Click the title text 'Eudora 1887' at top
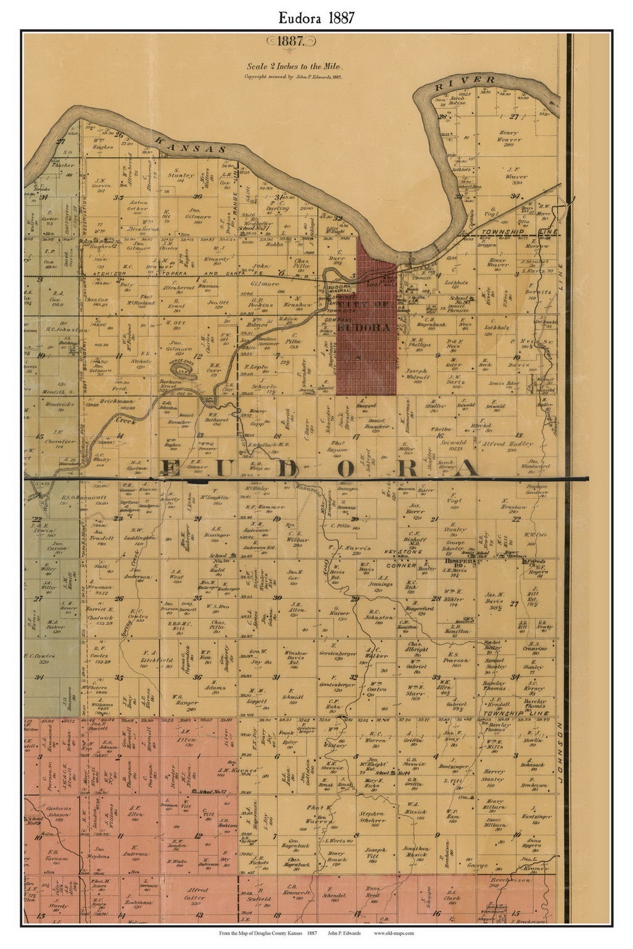tap(316, 18)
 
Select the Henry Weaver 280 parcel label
tap(509, 140)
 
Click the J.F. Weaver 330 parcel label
tap(516, 176)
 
